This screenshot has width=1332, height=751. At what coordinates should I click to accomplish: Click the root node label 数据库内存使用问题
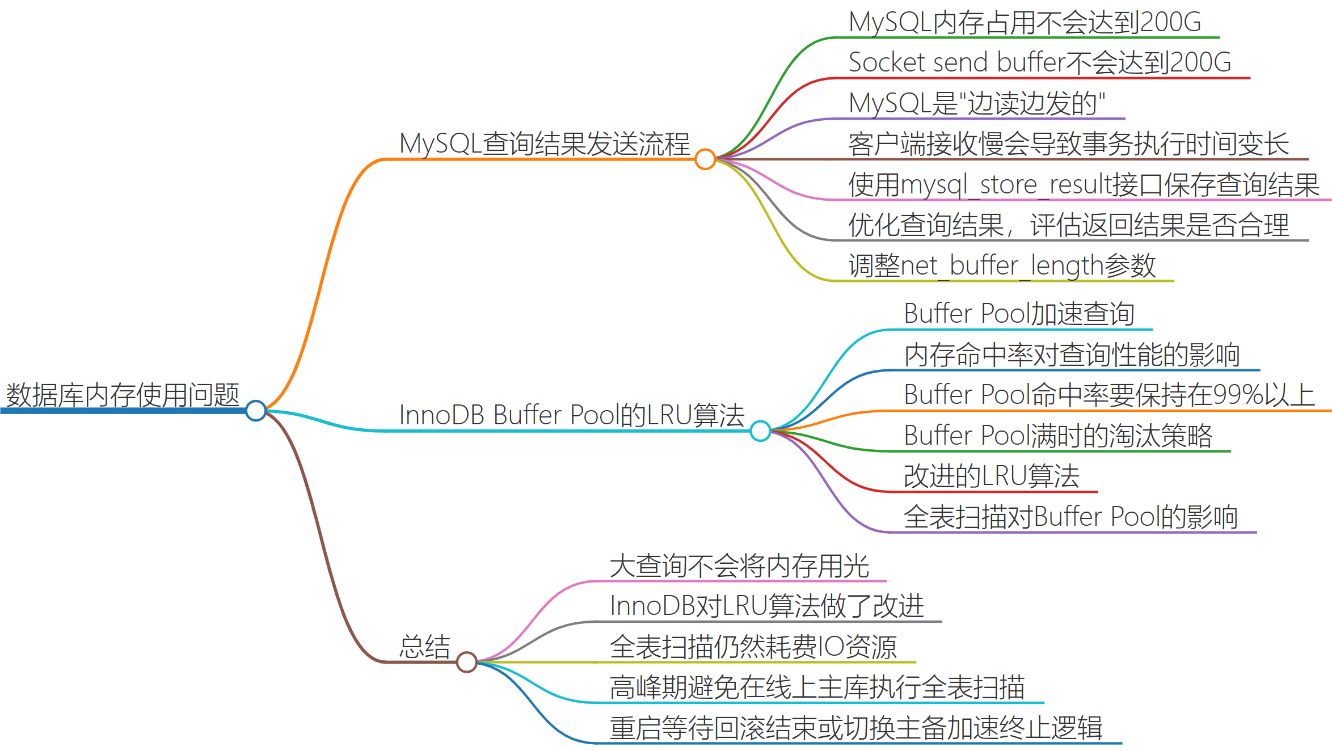(123, 395)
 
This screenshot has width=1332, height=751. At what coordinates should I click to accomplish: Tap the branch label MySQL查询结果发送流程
(545, 144)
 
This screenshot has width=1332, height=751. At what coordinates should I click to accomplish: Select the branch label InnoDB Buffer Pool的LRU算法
(572, 415)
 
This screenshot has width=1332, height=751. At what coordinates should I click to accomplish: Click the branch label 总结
(424, 647)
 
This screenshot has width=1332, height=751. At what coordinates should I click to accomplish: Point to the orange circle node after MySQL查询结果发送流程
(705, 159)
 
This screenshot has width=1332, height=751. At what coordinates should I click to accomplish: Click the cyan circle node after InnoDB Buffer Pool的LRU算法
(760, 431)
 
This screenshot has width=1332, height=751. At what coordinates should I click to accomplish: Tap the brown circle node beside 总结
(466, 662)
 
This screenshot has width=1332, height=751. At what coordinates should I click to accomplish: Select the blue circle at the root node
(256, 411)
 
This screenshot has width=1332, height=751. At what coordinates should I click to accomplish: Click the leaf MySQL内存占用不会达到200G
(1025, 23)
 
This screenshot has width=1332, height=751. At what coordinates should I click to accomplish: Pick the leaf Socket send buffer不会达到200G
(1039, 62)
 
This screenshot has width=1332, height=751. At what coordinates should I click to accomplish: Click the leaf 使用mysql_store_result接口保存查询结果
(1084, 185)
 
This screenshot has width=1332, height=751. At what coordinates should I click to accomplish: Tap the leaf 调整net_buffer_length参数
(1002, 265)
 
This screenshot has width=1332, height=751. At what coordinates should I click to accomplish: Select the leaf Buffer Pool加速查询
(1019, 314)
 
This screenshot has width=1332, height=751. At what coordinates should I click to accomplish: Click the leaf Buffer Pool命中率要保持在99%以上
(1109, 395)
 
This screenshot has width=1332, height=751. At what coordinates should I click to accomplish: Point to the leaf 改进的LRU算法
(991, 476)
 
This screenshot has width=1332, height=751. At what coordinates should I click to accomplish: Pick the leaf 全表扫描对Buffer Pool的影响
(1070, 517)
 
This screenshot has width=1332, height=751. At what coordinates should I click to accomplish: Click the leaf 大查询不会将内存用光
(739, 566)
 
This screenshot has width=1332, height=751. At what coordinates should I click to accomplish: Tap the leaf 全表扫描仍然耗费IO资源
(753, 647)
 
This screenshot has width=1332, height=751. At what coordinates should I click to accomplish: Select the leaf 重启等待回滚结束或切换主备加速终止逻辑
(855, 728)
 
